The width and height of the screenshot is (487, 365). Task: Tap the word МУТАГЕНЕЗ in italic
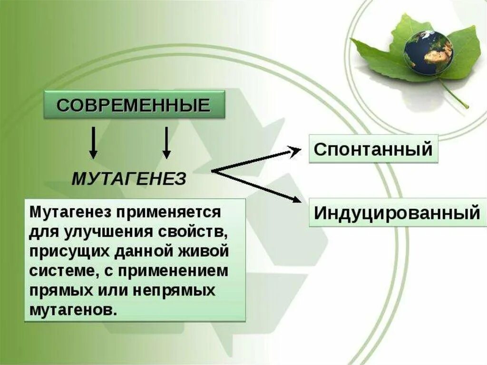pyautogui.click(x=128, y=179)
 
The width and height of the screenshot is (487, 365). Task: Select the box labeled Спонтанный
pyautogui.click(x=373, y=149)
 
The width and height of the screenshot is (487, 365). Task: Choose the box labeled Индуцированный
pyautogui.click(x=397, y=213)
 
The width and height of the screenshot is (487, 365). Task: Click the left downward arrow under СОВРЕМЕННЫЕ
pyautogui.click(x=94, y=142)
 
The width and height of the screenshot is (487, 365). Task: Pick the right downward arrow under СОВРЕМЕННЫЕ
pyautogui.click(x=166, y=142)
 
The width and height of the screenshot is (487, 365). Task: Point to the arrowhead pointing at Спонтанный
pyautogui.click(x=296, y=151)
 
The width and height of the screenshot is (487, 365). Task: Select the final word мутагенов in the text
pyautogui.click(x=72, y=310)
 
